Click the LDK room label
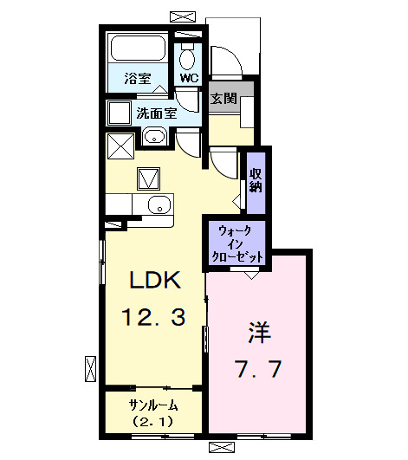point(153,280)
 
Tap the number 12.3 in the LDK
point(153,318)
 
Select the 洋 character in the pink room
point(257,332)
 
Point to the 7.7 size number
point(257,370)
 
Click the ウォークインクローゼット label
point(236,243)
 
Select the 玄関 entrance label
point(223,98)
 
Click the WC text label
point(188,77)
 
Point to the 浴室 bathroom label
point(137,76)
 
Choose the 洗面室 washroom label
point(156,113)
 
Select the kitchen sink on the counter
point(157,204)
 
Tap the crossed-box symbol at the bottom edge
point(222,447)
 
